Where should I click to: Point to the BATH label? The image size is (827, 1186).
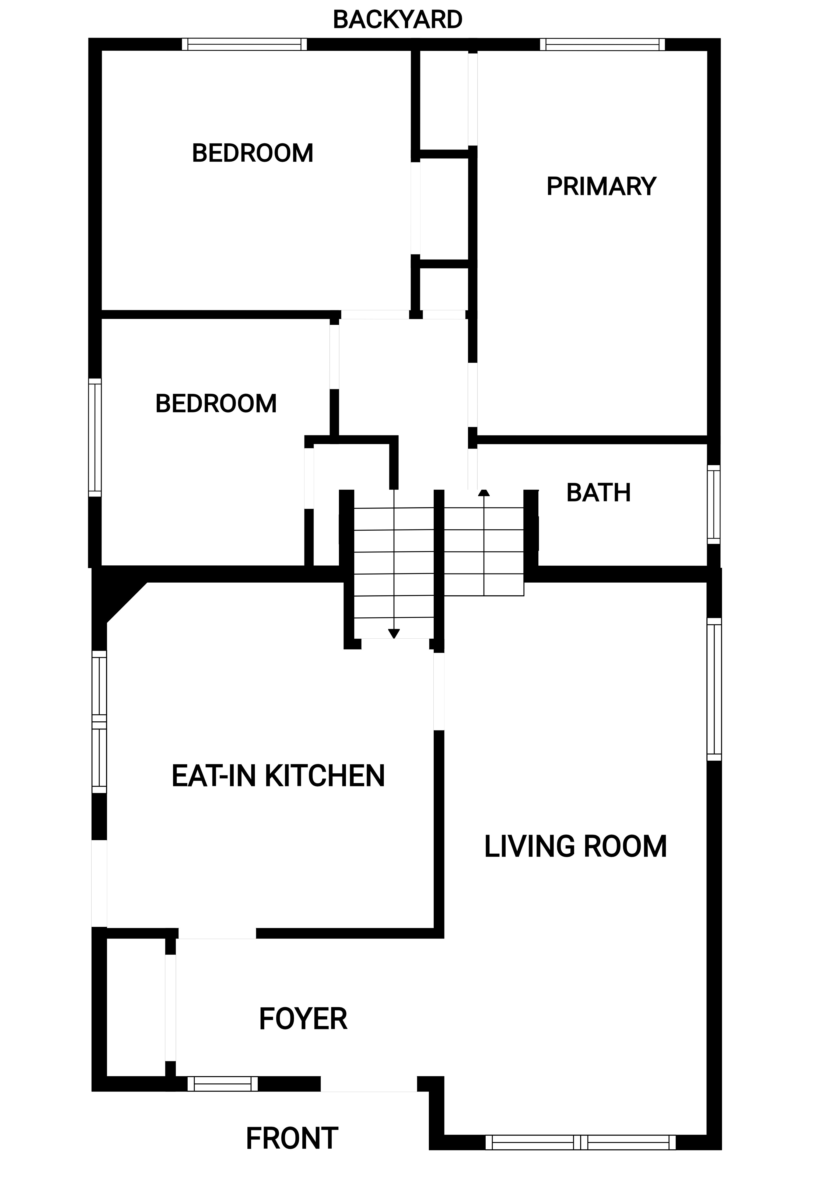598,493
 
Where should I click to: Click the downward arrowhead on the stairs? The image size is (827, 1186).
394,634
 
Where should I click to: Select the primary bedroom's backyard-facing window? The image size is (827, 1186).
602,44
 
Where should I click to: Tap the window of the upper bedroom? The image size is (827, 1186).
244,44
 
